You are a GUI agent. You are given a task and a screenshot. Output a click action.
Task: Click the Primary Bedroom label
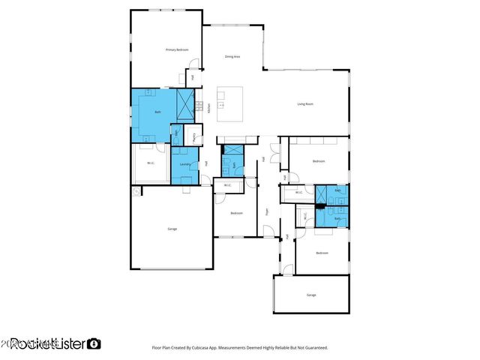pyautogui.click(x=176, y=49)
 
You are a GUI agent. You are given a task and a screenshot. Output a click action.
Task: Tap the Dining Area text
pyautogui.click(x=232, y=57)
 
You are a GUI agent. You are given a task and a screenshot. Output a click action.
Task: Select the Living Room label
pyautogui.click(x=305, y=103)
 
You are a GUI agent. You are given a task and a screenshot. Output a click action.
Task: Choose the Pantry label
pyautogui.click(x=193, y=136)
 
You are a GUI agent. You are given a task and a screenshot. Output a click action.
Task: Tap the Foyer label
pyautogui.click(x=268, y=211)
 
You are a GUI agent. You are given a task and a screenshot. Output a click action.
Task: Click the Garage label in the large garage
pyautogui.click(x=172, y=229)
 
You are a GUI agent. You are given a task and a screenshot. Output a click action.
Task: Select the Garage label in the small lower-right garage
pyautogui.click(x=311, y=295)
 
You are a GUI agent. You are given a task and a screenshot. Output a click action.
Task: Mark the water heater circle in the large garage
pyautogui.click(x=136, y=192)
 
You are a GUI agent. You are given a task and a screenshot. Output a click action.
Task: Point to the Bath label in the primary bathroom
pyautogui.click(x=157, y=112)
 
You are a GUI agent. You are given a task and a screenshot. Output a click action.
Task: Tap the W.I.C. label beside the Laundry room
pyautogui.click(x=151, y=163)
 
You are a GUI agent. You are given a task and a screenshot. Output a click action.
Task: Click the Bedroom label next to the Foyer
pyautogui.click(x=236, y=214)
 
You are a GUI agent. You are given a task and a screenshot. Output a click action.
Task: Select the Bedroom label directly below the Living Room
pyautogui.click(x=319, y=161)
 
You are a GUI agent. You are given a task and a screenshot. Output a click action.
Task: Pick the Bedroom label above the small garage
pyautogui.click(x=322, y=253)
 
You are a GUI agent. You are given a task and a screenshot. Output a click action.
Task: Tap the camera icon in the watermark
pyautogui.click(x=94, y=343)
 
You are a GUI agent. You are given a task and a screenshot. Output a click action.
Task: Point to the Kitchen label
pyautogui.click(x=208, y=107)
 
